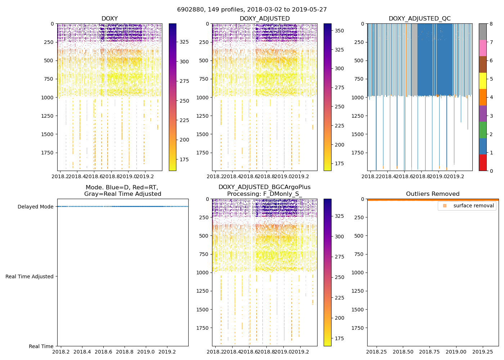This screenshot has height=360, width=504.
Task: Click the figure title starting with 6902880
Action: pyautogui.click(x=252, y=10)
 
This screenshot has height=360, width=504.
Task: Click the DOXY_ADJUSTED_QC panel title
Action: pyautogui.click(x=419, y=19)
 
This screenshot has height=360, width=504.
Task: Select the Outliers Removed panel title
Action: pyautogui.click(x=432, y=194)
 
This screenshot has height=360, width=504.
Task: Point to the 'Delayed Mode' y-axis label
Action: pyautogui.click(x=35, y=207)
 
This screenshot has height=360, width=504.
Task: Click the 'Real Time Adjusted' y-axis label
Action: pyautogui.click(x=29, y=276)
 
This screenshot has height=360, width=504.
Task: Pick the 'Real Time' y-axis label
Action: pyautogui.click(x=41, y=346)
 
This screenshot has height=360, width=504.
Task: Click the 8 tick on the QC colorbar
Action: pyautogui.click(x=491, y=24)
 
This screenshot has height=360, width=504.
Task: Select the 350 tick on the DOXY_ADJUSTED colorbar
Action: pyautogui.click(x=339, y=31)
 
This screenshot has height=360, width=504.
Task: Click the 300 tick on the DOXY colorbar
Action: pyautogui.click(x=184, y=62)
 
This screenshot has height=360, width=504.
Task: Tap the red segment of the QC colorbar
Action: pyautogui.click(x=482, y=163)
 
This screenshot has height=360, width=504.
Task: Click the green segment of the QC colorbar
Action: pyautogui.click(x=482, y=130)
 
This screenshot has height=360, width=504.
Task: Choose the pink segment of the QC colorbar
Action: pyautogui.click(x=482, y=48)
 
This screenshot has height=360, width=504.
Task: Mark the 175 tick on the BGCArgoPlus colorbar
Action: pyautogui.click(x=339, y=338)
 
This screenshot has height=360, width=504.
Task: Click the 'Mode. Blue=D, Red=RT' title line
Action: pyautogui.click(x=122, y=188)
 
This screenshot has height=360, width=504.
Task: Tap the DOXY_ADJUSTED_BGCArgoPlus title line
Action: pyautogui.click(x=264, y=187)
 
